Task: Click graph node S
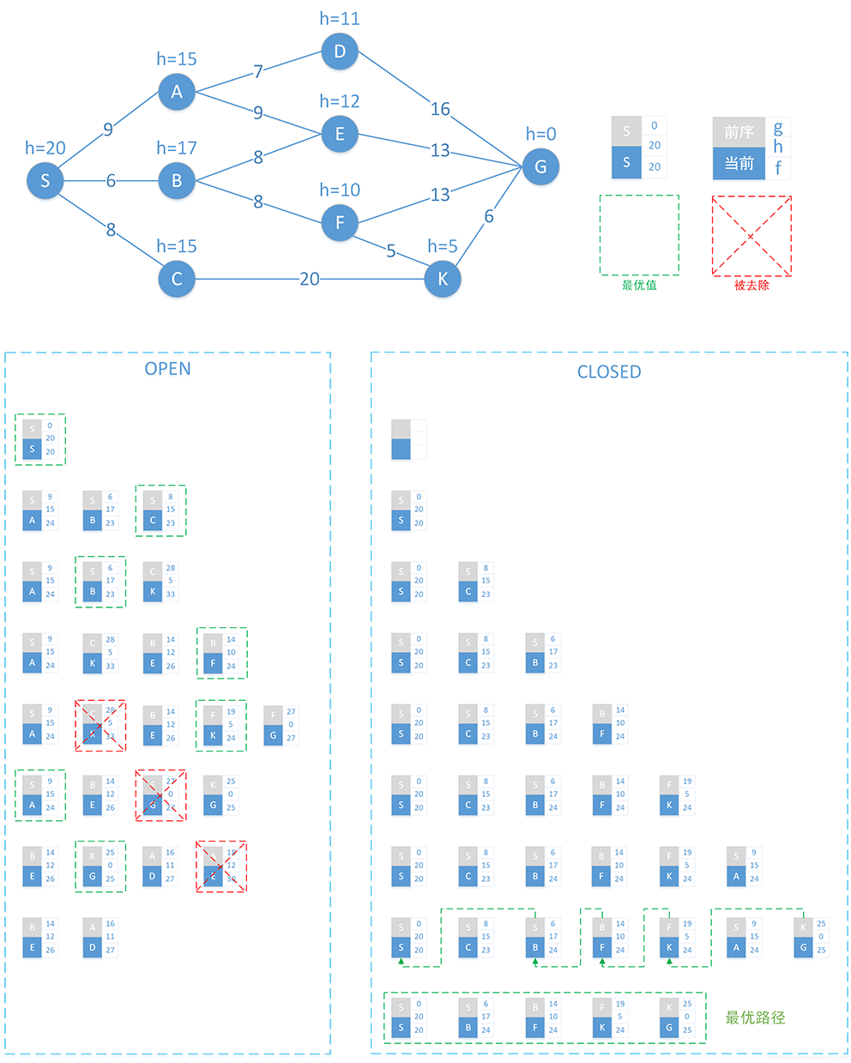[45, 181]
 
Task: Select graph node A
[177, 92]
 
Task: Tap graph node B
[177, 181]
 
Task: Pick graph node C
[177, 279]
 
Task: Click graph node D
[340, 51]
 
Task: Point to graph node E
[340, 134]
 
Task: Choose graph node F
[340, 223]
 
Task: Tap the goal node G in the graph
[540, 166]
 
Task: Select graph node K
[443, 279]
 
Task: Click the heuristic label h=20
[45, 148]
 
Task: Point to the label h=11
[340, 18]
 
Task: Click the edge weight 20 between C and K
[310, 279]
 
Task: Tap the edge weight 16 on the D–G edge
[440, 109]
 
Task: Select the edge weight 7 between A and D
[257, 72]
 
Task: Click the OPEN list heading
[167, 369]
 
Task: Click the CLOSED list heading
[609, 371]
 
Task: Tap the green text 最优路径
[755, 1018]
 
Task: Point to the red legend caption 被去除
[751, 285]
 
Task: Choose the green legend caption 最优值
[639, 285]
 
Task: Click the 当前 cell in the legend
[739, 163]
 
